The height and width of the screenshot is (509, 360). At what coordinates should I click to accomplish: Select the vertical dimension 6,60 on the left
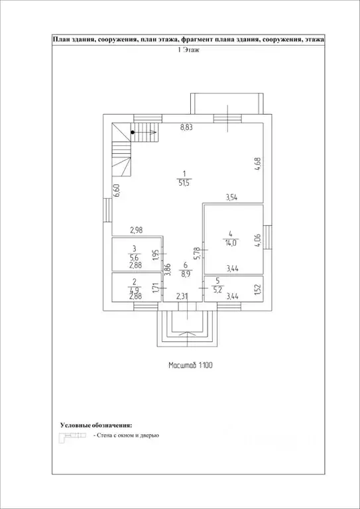[117, 191]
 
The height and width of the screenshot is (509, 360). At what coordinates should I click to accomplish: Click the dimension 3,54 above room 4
[233, 197]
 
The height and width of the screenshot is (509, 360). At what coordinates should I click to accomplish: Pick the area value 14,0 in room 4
[230, 243]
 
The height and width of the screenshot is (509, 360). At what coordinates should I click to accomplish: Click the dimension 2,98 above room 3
[137, 230]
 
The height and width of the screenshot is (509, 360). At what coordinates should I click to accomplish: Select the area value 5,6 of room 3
[134, 258]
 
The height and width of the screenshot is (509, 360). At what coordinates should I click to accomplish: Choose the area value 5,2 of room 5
[217, 288]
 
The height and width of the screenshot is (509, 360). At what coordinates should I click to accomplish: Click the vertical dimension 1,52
[257, 289]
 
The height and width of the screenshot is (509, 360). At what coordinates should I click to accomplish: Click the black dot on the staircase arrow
[133, 133]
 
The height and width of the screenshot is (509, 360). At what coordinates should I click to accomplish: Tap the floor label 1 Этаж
[190, 50]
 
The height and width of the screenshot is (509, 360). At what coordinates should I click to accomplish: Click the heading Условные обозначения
[96, 424]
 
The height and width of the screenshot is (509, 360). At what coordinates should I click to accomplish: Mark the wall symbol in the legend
[74, 436]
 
